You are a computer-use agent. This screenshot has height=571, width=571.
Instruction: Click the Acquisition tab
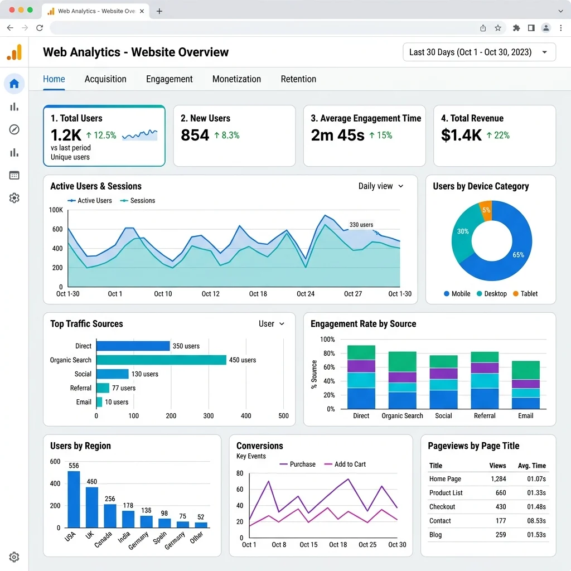tap(105, 79)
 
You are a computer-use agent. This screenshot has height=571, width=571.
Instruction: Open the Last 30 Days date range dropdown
tap(479, 52)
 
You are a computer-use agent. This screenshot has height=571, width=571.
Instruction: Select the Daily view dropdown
tap(380, 186)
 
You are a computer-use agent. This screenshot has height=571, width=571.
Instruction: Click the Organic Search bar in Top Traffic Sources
tap(161, 360)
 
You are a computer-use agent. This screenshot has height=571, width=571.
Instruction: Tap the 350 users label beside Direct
tap(186, 346)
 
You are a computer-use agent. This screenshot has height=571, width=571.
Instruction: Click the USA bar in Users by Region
tap(74, 499)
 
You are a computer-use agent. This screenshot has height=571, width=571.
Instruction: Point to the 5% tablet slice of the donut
tap(486, 210)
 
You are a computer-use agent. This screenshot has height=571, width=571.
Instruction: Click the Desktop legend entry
tap(492, 293)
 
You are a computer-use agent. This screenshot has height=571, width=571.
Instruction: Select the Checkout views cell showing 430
tap(501, 506)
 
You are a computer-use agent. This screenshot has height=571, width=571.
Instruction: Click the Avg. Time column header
tap(531, 466)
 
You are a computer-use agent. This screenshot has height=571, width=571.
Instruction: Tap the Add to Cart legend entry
tap(345, 464)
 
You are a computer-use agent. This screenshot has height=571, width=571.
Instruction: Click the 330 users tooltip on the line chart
tap(361, 225)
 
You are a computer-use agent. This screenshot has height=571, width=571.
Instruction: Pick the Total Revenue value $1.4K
tap(461, 135)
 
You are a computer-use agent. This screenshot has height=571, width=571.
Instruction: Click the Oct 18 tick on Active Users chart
tap(258, 294)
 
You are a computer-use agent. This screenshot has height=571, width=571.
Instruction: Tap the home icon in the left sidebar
tap(14, 84)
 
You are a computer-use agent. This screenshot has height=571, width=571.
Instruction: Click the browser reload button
tap(40, 28)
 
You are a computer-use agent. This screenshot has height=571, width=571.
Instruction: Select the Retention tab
tap(298, 79)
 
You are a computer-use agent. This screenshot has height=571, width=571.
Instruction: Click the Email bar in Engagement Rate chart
tap(525, 385)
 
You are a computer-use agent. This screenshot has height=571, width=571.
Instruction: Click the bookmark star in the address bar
tap(498, 28)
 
